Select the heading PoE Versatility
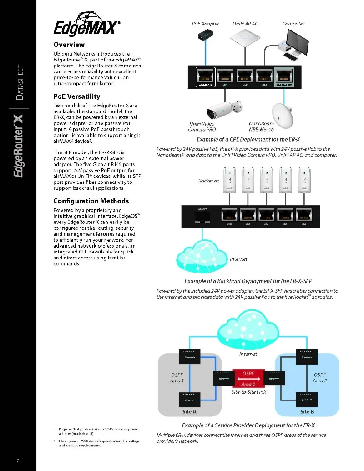coord(76,96)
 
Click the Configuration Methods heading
coord(91,201)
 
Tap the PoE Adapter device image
coord(204,36)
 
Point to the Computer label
coord(293,24)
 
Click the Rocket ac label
coord(208,181)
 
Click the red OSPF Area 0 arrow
coord(248,378)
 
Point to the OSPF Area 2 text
coord(320,378)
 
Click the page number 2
coord(18,461)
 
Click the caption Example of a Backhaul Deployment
coord(248,281)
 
